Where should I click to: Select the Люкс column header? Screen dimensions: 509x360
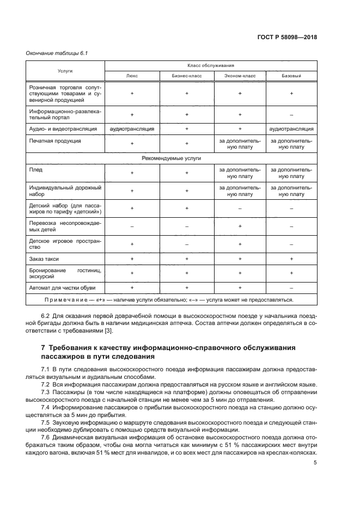click(x=132, y=76)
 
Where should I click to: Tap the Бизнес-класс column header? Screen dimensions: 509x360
click(x=186, y=76)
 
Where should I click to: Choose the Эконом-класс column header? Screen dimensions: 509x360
click(x=239, y=76)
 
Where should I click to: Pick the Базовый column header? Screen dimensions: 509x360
click(x=291, y=76)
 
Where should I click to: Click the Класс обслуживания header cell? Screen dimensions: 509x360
click(x=211, y=65)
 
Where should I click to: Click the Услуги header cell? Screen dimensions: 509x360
click(x=65, y=71)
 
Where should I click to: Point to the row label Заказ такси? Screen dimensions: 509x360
click(x=44, y=259)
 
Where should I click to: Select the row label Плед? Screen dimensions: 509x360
click(x=36, y=170)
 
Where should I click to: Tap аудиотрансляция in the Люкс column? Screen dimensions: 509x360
click(x=132, y=129)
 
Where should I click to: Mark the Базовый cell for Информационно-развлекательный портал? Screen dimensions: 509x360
click(x=291, y=114)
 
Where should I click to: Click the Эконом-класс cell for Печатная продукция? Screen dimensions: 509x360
click(x=239, y=143)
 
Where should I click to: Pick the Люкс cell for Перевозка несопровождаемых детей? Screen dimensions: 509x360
click(x=132, y=226)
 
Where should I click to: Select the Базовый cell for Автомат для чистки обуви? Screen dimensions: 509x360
click(x=291, y=286)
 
